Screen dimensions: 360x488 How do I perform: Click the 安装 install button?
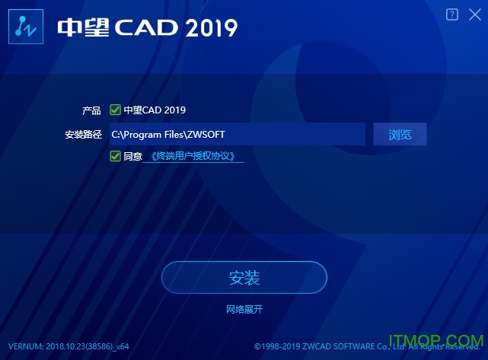tap(244, 278)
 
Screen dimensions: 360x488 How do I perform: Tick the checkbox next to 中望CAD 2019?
tap(116, 110)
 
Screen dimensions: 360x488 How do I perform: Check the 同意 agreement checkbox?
tap(116, 157)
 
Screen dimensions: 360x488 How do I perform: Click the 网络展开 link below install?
tap(244, 309)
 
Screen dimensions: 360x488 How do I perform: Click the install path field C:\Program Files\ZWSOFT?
tap(237, 134)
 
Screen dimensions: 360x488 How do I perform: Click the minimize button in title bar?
tap(453, 14)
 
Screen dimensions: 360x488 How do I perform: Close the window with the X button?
tap(474, 14)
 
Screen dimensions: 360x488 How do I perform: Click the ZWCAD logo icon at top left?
tap(23, 28)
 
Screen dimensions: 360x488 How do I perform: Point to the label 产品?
tap(91, 110)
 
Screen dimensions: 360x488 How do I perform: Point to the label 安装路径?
tap(83, 135)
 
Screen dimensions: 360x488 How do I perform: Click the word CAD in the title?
tap(148, 27)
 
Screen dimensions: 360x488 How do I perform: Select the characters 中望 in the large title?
tap(84, 27)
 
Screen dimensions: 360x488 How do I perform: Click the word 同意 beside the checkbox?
tap(132, 157)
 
